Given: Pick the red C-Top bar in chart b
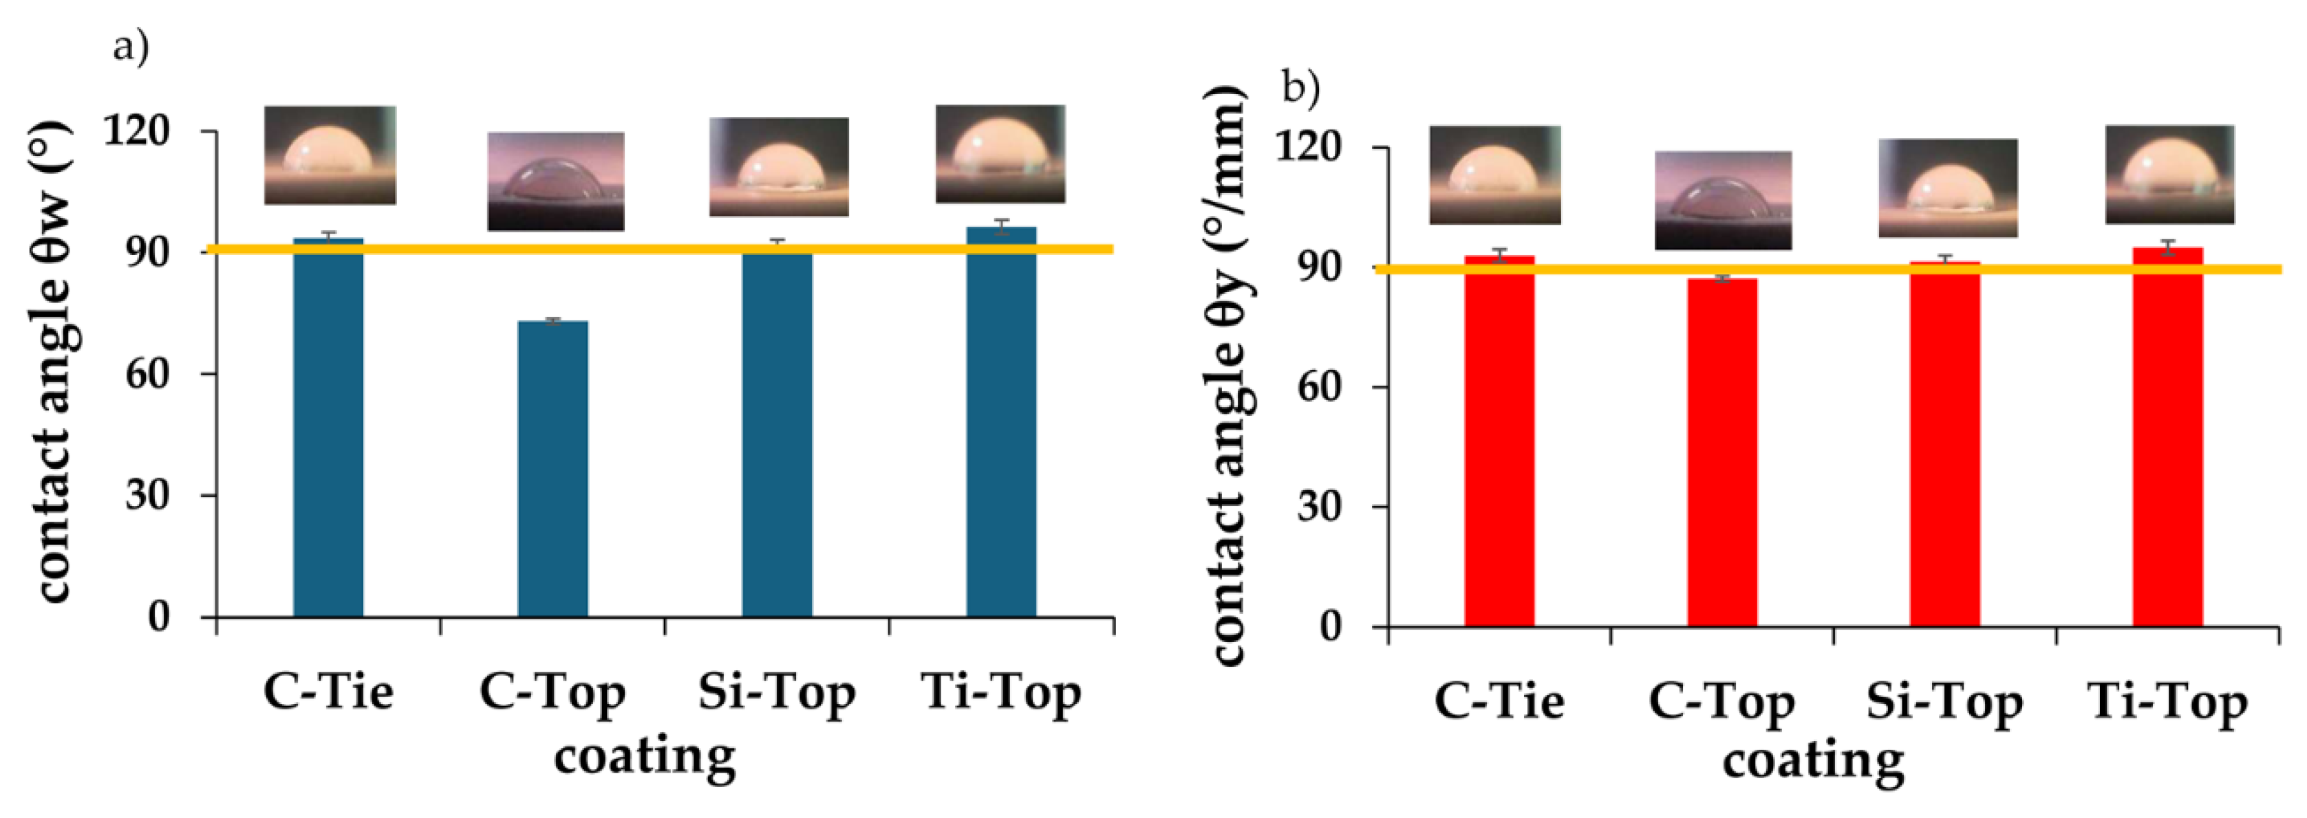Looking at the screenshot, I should pyautogui.click(x=1722, y=452).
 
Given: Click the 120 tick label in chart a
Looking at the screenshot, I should pyautogui.click(x=136, y=131).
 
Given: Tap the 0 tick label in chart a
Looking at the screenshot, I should pyautogui.click(x=158, y=616).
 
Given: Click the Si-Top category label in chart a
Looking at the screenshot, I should pyautogui.click(x=777, y=692).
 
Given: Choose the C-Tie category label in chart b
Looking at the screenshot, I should pyautogui.click(x=1499, y=700).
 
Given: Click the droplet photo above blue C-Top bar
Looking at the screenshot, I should pyautogui.click(x=555, y=181).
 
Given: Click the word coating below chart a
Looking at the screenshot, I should pyautogui.click(x=644, y=757).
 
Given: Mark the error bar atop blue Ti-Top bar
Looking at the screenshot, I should pyautogui.click(x=1001, y=228).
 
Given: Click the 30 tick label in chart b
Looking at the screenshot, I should pyautogui.click(x=1318, y=507).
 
